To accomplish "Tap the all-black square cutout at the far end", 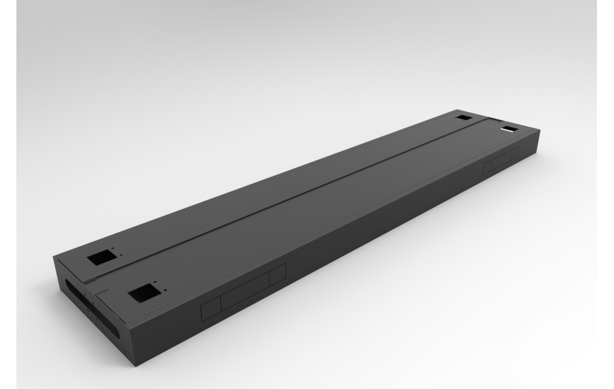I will pyautogui.click(x=465, y=118).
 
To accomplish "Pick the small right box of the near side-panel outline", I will pyautogui.click(x=276, y=275).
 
